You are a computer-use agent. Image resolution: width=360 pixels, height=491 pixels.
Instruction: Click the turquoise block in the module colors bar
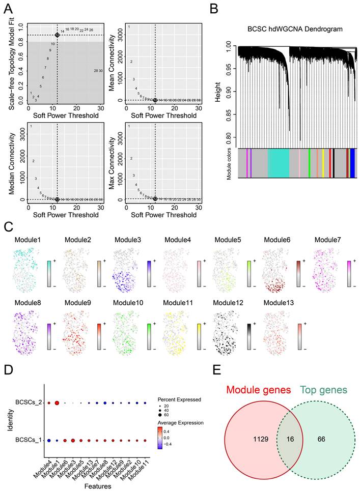278,163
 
